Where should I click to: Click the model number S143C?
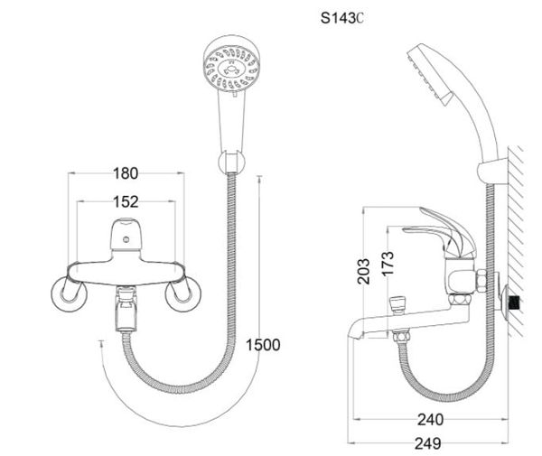341,17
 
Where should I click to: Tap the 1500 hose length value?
263,344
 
